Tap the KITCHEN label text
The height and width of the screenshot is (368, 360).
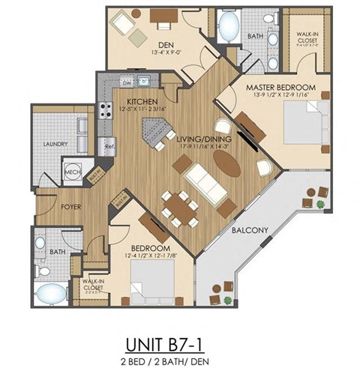point(141,101)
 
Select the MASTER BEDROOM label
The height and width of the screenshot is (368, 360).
point(280,88)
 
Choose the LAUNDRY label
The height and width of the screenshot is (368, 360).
point(55,144)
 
